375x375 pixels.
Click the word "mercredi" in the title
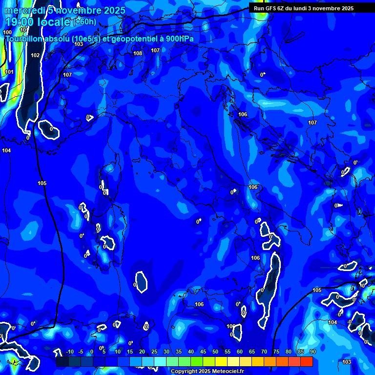pyautogui.click(x=24, y=10)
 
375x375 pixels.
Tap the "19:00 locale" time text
pyautogui.click(x=37, y=22)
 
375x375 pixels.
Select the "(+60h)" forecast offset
pyautogui.click(x=85, y=21)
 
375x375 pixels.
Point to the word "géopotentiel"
pyautogui.click(x=133, y=39)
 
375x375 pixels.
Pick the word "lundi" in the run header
pyautogui.click(x=299, y=8)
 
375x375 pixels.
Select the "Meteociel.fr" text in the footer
pyautogui.click(x=228, y=372)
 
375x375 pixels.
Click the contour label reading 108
pyautogui.click(x=138, y=53)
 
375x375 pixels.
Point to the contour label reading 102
pyautogui.click(x=35, y=55)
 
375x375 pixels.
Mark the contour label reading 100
pyautogui.click(x=7, y=32)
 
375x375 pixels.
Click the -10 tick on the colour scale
pyautogui.click(x=69, y=352)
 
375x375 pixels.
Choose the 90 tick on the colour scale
pyautogui.click(x=312, y=352)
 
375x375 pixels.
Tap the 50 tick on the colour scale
pyautogui.click(x=215, y=352)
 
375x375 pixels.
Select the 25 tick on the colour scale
pyautogui.click(x=154, y=352)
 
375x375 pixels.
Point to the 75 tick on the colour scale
pyautogui.click(x=276, y=352)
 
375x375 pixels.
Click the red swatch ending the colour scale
pyautogui.click(x=306, y=362)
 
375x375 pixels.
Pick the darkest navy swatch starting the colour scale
pyautogui.click(x=62, y=362)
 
